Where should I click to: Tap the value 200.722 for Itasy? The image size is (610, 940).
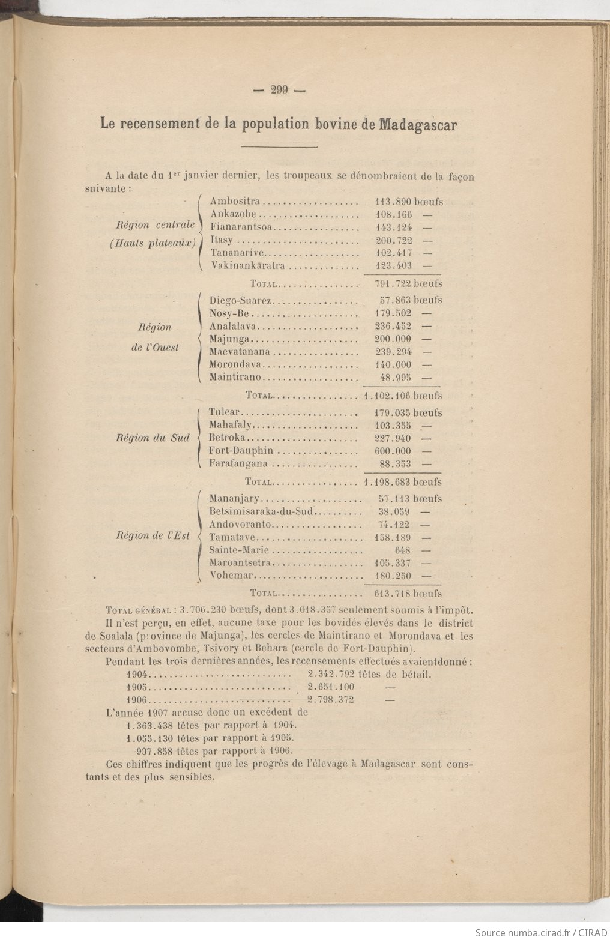tap(393, 240)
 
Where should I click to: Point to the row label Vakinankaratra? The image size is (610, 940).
tap(247, 265)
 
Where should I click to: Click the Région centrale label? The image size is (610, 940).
tap(156, 226)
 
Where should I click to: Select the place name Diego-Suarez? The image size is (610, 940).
tap(241, 300)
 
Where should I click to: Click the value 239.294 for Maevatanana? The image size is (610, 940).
tap(393, 352)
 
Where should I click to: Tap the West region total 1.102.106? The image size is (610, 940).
tap(388, 396)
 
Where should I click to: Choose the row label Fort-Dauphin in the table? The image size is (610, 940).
tap(241, 450)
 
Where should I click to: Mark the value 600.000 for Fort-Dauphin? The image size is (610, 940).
tap(393, 451)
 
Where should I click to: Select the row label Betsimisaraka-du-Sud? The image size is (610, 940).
tap(262, 512)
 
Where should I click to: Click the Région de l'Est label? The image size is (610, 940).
tap(152, 535)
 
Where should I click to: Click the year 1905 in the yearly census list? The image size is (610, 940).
tap(137, 687)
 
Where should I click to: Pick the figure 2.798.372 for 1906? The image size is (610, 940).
tap(330, 700)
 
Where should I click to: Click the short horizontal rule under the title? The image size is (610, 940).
tap(279, 147)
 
